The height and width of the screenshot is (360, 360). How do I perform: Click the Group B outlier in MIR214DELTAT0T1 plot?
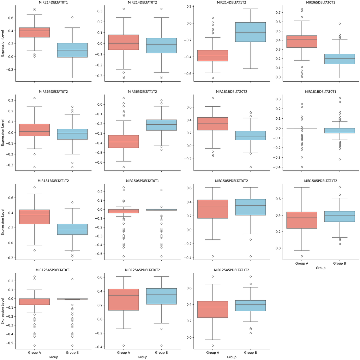point(72,17)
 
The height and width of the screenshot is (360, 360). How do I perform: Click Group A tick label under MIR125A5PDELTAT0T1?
point(35,353)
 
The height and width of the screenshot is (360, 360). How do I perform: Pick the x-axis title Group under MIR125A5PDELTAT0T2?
point(142,357)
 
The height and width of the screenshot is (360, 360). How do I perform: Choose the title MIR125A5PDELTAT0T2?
point(142,270)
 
